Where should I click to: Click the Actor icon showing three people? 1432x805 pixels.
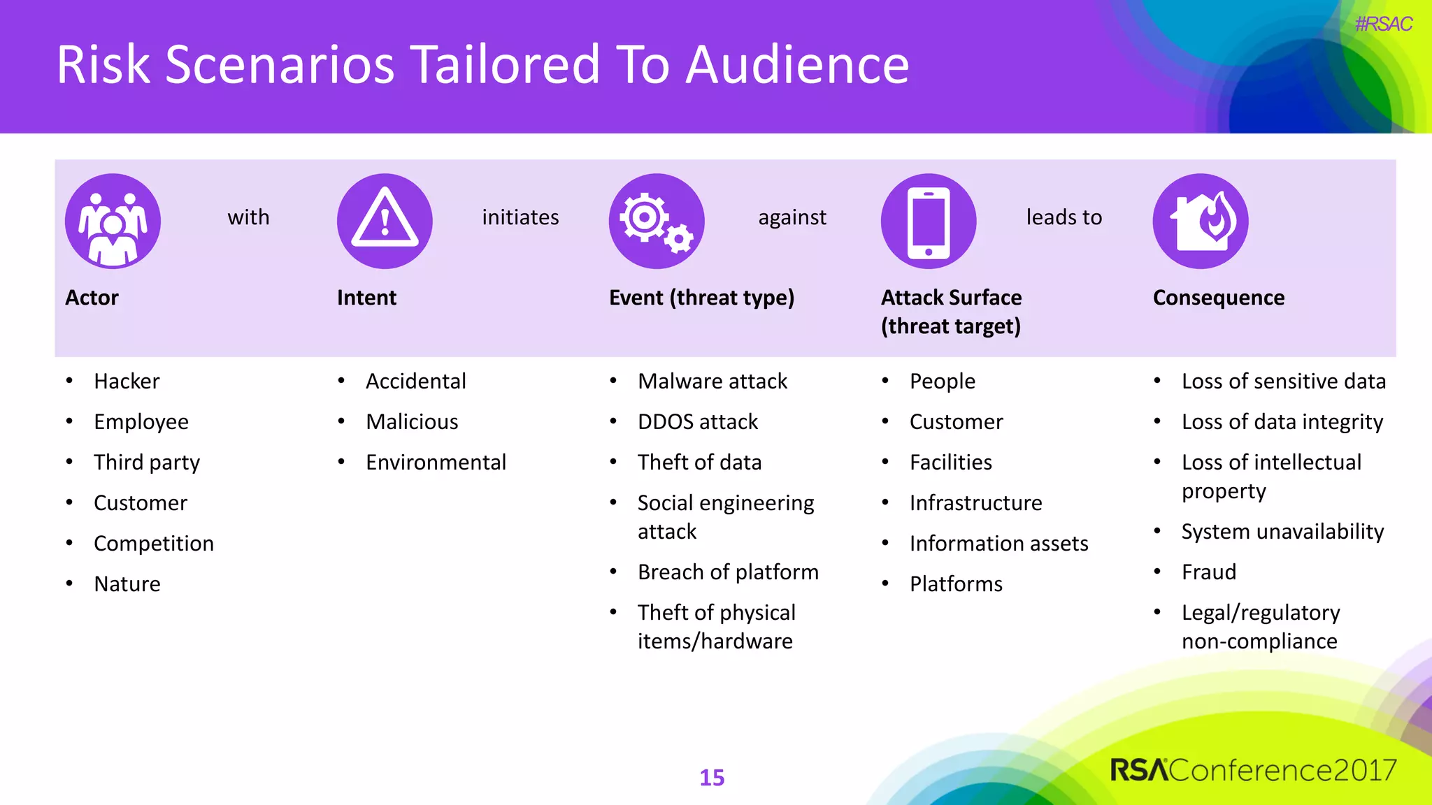click(113, 221)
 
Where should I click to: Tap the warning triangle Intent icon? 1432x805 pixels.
click(385, 221)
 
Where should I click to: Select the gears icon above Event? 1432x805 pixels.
click(657, 221)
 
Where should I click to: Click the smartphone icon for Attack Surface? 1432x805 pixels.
click(929, 221)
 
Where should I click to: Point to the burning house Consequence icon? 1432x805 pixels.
click(1201, 221)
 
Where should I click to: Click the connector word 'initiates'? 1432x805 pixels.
click(520, 217)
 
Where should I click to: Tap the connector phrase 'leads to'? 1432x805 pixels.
click(1064, 217)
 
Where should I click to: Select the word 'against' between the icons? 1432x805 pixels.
click(792, 217)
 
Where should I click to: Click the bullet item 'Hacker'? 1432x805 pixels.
click(127, 381)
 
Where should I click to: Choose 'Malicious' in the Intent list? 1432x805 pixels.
click(412, 421)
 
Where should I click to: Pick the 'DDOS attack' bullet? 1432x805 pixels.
click(697, 421)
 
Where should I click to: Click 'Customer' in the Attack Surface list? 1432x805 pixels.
click(956, 421)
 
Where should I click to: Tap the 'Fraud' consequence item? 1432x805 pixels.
click(1208, 572)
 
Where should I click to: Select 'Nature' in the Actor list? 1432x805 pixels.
click(127, 583)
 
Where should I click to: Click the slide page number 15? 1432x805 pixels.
click(712, 777)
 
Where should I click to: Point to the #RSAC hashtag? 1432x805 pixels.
click(1383, 24)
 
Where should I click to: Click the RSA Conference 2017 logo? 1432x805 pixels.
click(1252, 770)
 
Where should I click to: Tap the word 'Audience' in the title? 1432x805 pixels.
click(797, 64)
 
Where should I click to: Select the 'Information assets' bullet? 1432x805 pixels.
click(998, 543)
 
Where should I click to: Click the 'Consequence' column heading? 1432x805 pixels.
click(1218, 298)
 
